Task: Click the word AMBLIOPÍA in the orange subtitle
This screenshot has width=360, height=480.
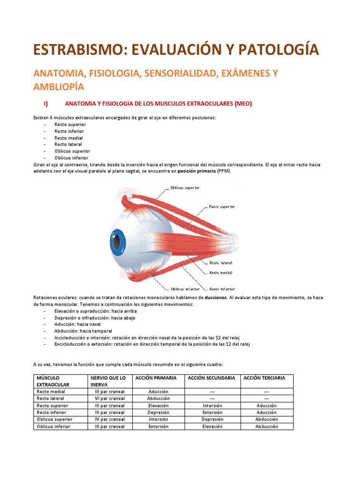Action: [58, 87]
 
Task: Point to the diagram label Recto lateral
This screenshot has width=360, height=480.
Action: [221, 262]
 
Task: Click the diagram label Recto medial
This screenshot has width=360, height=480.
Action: [221, 272]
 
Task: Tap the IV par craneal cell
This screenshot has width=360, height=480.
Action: [110, 420]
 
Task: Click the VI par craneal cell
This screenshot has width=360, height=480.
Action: [110, 398]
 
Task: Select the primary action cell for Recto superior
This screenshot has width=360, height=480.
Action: [158, 405]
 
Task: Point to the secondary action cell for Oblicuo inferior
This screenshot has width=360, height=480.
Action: [212, 427]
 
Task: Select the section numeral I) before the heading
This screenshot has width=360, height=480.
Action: [46, 104]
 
